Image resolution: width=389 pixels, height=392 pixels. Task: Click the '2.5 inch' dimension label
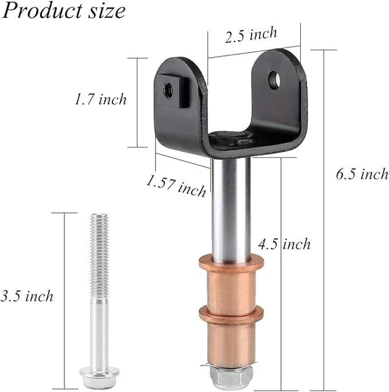tap(251, 35)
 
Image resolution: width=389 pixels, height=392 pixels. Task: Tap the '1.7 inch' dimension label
tap(101, 99)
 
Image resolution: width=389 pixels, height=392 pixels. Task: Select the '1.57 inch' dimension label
tap(176, 185)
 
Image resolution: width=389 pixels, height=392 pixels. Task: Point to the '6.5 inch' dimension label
tap(362, 174)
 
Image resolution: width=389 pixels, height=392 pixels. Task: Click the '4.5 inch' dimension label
tap(284, 244)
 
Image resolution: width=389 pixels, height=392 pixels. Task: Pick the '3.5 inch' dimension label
tap(27, 296)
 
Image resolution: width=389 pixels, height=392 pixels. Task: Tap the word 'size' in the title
tap(107, 12)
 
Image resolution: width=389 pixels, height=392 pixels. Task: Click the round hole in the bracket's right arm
tap(274, 80)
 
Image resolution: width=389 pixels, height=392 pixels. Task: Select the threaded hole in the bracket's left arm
tap(168, 89)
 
